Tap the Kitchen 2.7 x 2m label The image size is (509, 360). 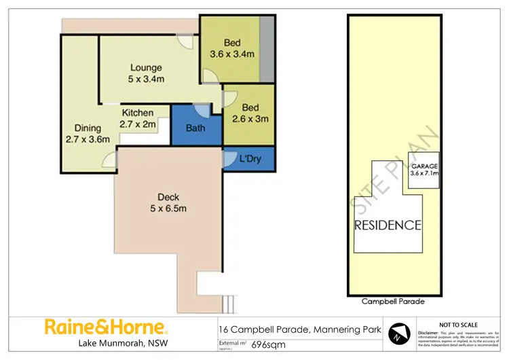pyautogui.click(x=137, y=118)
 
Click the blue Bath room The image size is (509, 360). pyautogui.click(x=195, y=128)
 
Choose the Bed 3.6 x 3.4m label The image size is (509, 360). pyautogui.click(x=231, y=48)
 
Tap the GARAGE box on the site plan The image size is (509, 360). pyautogui.click(x=424, y=169)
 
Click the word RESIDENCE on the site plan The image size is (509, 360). pyautogui.click(x=388, y=225)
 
